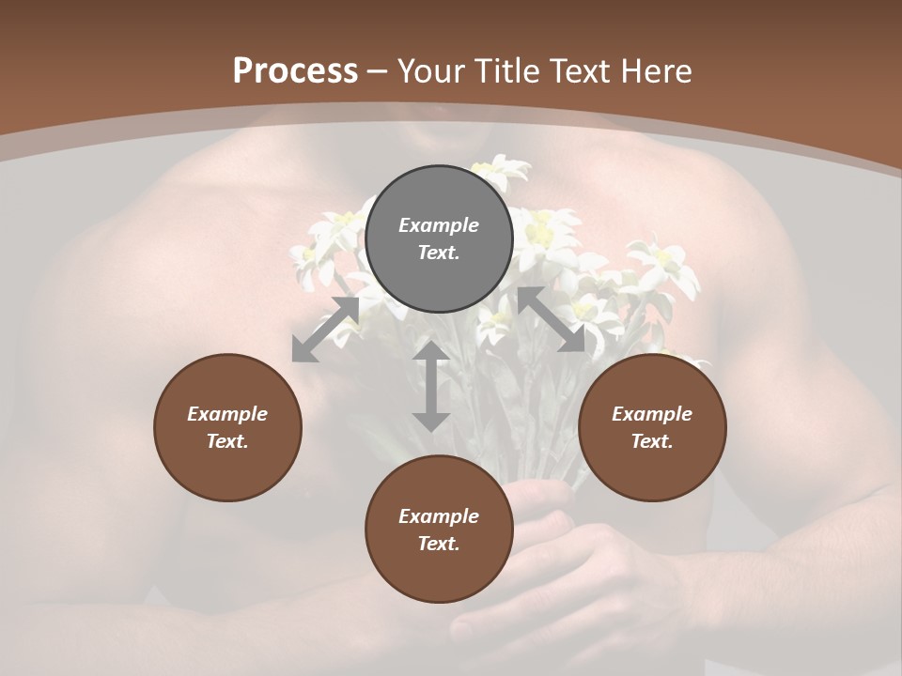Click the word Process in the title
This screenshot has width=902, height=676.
(x=295, y=71)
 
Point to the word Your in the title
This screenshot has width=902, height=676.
(x=430, y=71)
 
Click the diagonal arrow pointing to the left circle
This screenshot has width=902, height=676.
(x=325, y=330)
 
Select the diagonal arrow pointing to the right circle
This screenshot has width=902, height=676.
(x=552, y=319)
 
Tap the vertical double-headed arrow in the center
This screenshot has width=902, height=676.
(x=431, y=386)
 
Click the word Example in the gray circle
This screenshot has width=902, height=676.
(x=439, y=225)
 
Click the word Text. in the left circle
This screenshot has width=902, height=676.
(x=227, y=441)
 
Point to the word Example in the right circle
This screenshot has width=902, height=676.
(x=652, y=414)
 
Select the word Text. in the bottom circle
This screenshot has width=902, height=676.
(x=439, y=544)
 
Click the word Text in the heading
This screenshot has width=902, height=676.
(x=582, y=71)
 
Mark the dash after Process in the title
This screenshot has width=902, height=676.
(x=378, y=71)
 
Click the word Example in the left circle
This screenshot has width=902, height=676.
(x=227, y=414)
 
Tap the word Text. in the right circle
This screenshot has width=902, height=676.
(x=652, y=441)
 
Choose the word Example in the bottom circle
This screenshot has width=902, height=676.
(x=439, y=516)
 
